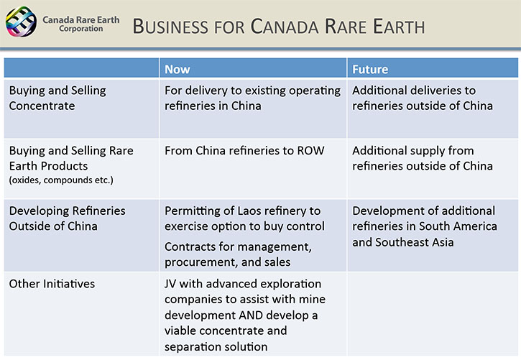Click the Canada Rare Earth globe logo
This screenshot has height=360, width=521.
[22, 22]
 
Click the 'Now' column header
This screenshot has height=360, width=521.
[177, 69]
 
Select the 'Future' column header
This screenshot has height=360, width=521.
[370, 69]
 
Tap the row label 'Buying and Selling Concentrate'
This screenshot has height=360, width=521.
[57, 98]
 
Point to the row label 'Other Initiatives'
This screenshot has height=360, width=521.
[52, 284]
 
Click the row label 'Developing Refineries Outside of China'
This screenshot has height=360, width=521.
[68, 218]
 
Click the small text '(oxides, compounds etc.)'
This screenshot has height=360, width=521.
[61, 180]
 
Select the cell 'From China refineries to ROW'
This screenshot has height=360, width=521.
[244, 150]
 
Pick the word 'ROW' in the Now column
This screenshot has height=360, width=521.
[310, 150]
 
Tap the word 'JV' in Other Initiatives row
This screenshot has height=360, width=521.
[170, 284]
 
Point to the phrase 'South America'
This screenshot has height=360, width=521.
[458, 226]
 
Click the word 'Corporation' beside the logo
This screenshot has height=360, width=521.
[81, 29]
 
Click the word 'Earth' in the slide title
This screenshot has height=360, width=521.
[399, 27]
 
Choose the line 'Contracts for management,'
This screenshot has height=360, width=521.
[239, 246]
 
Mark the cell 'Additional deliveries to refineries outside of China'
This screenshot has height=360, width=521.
[423, 98]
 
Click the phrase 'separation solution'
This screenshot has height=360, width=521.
[216, 347]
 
